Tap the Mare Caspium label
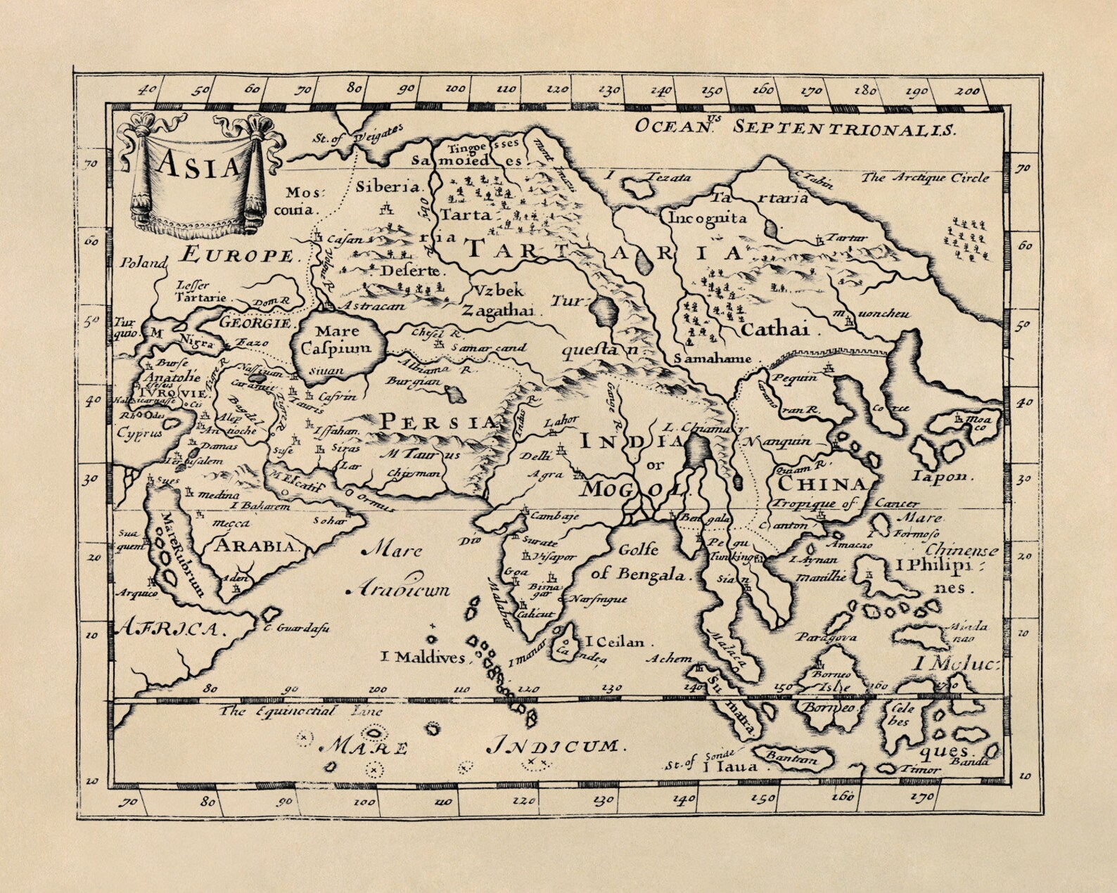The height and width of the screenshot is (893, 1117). tap(338, 339)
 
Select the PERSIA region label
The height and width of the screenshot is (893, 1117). tap(439, 423)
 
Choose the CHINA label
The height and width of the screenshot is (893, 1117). tap(822, 484)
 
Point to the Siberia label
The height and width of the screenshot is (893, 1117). tap(388, 187)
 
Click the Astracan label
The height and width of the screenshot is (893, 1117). tap(374, 307)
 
